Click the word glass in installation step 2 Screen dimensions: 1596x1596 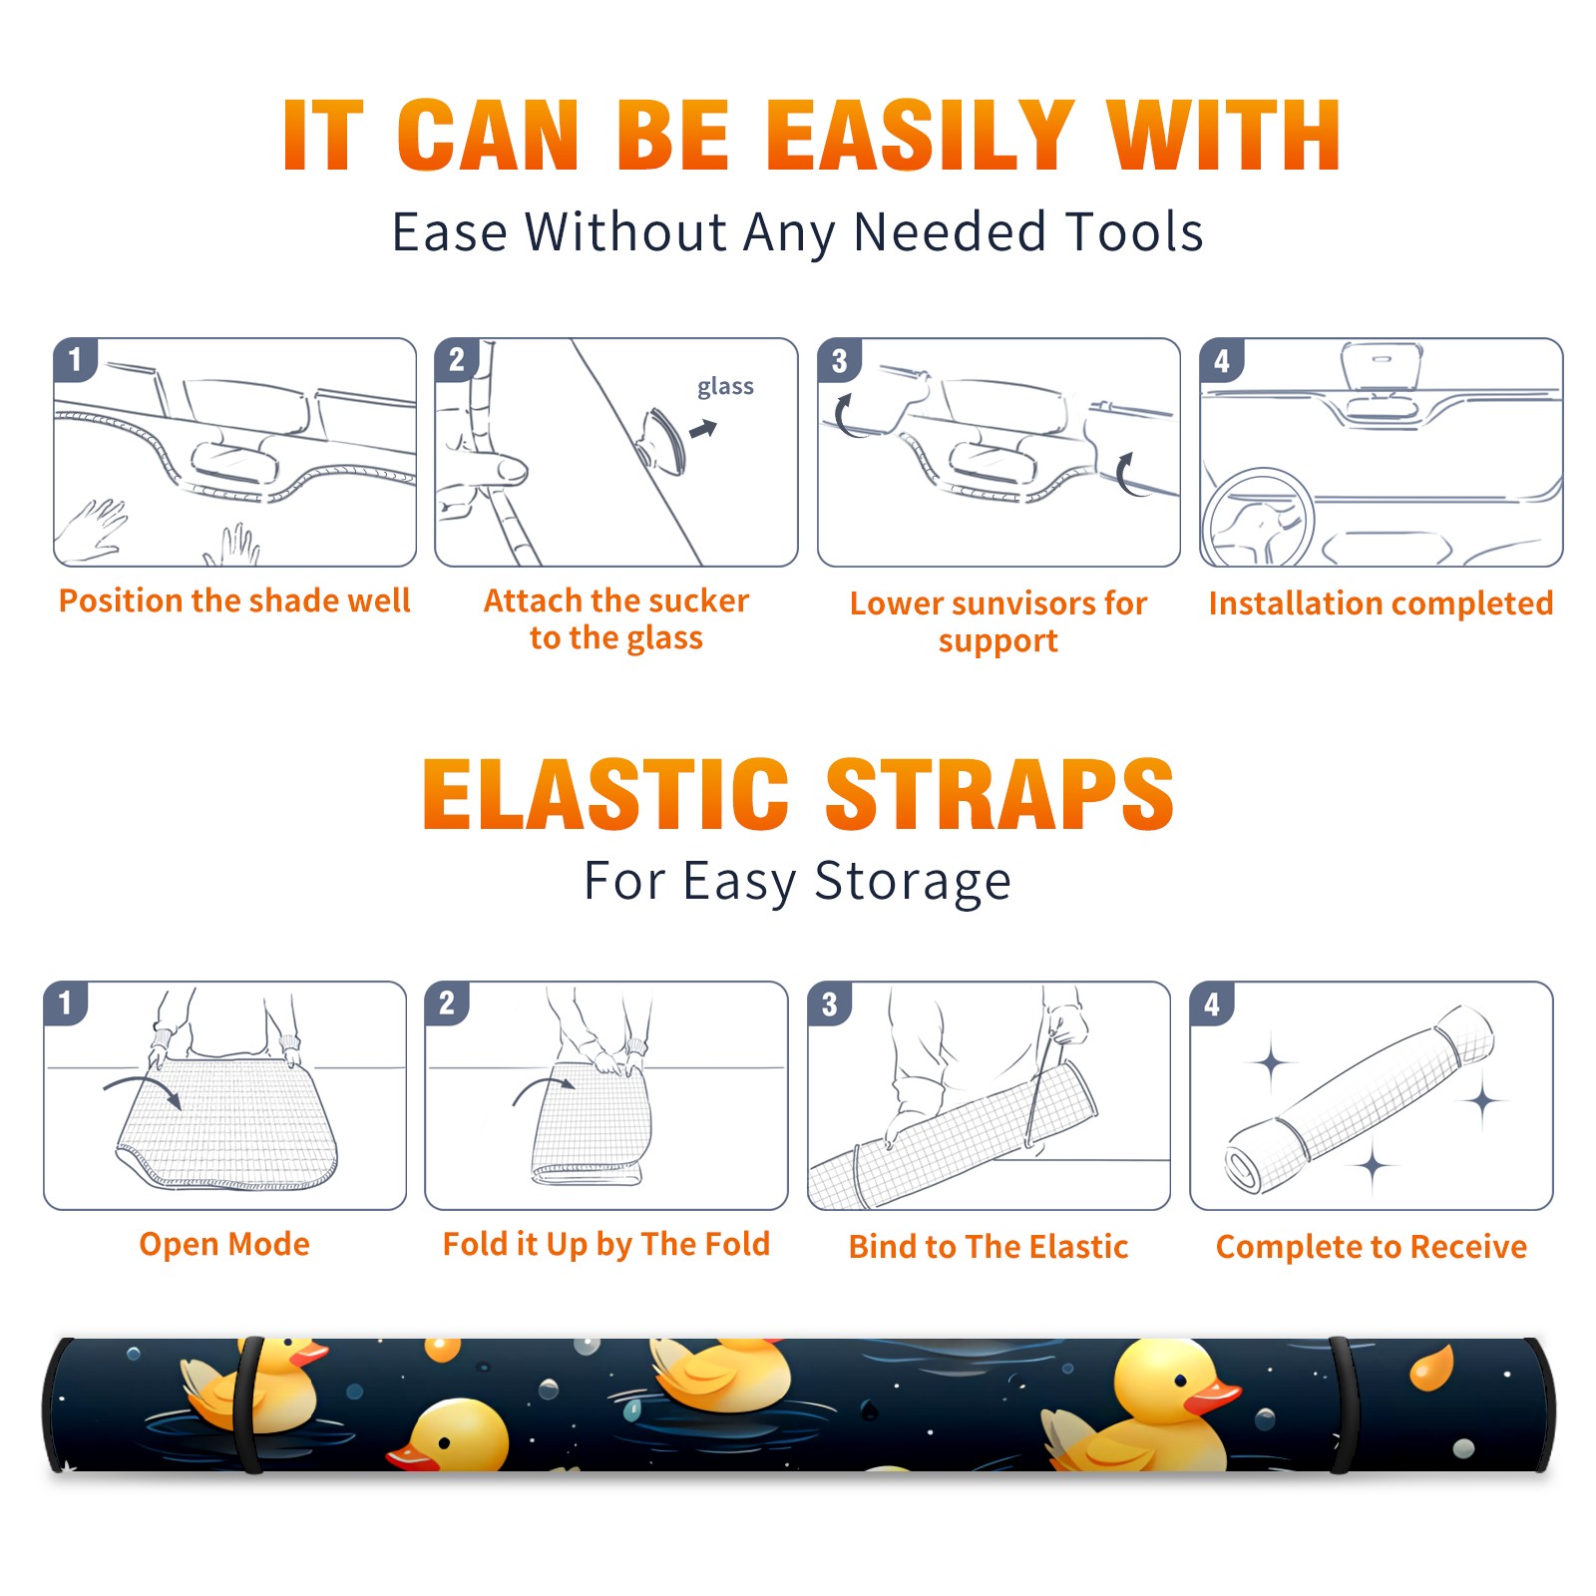click(x=725, y=387)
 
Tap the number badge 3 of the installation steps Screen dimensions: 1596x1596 click(x=839, y=360)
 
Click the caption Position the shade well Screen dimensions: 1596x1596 click(x=234, y=600)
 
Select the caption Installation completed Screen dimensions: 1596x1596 click(x=1381, y=602)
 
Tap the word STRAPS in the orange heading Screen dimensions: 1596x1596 click(x=999, y=794)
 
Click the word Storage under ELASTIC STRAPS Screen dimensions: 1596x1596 click(x=913, y=882)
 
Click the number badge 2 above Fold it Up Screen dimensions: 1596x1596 click(x=447, y=1002)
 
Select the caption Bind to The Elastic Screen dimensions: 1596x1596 click(x=988, y=1246)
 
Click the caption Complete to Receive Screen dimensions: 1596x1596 click(x=1372, y=1246)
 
